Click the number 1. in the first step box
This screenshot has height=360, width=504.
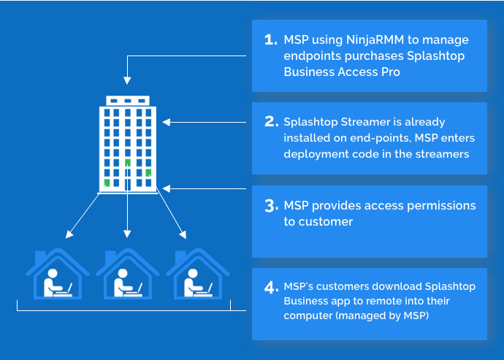coord(270,39)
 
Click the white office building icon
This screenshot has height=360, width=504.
coord(128,144)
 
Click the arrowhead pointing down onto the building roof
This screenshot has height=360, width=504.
coord(128,80)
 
